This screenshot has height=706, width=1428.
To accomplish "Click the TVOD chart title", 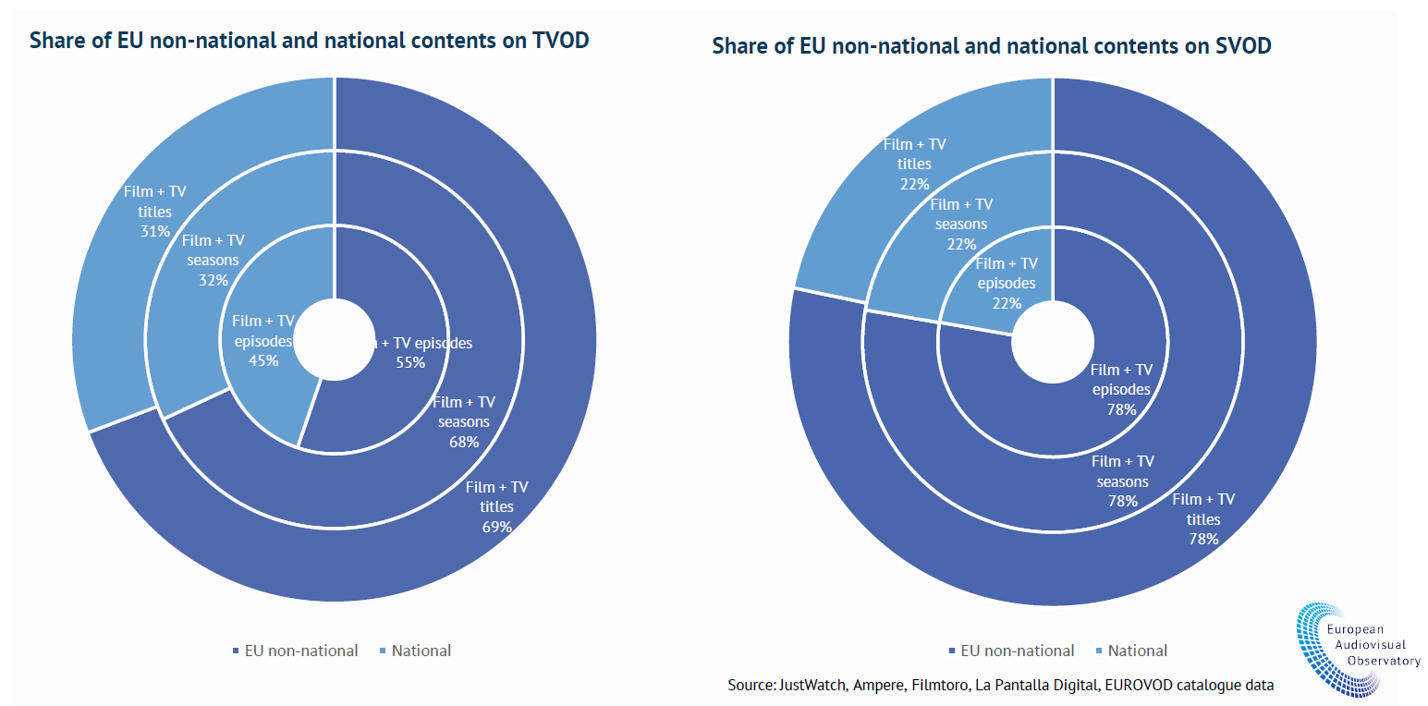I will click(310, 42).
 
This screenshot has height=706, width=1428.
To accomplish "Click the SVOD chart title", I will click(991, 47).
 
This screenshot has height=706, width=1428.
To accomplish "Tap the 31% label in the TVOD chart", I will click(155, 231).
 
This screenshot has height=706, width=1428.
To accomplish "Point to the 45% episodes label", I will click(263, 360).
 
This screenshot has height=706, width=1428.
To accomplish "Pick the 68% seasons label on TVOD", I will click(464, 442).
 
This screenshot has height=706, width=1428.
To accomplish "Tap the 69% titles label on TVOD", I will click(496, 527).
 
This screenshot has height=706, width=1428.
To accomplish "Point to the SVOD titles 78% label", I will click(1203, 539).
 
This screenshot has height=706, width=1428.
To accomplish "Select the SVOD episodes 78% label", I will click(1121, 409).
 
